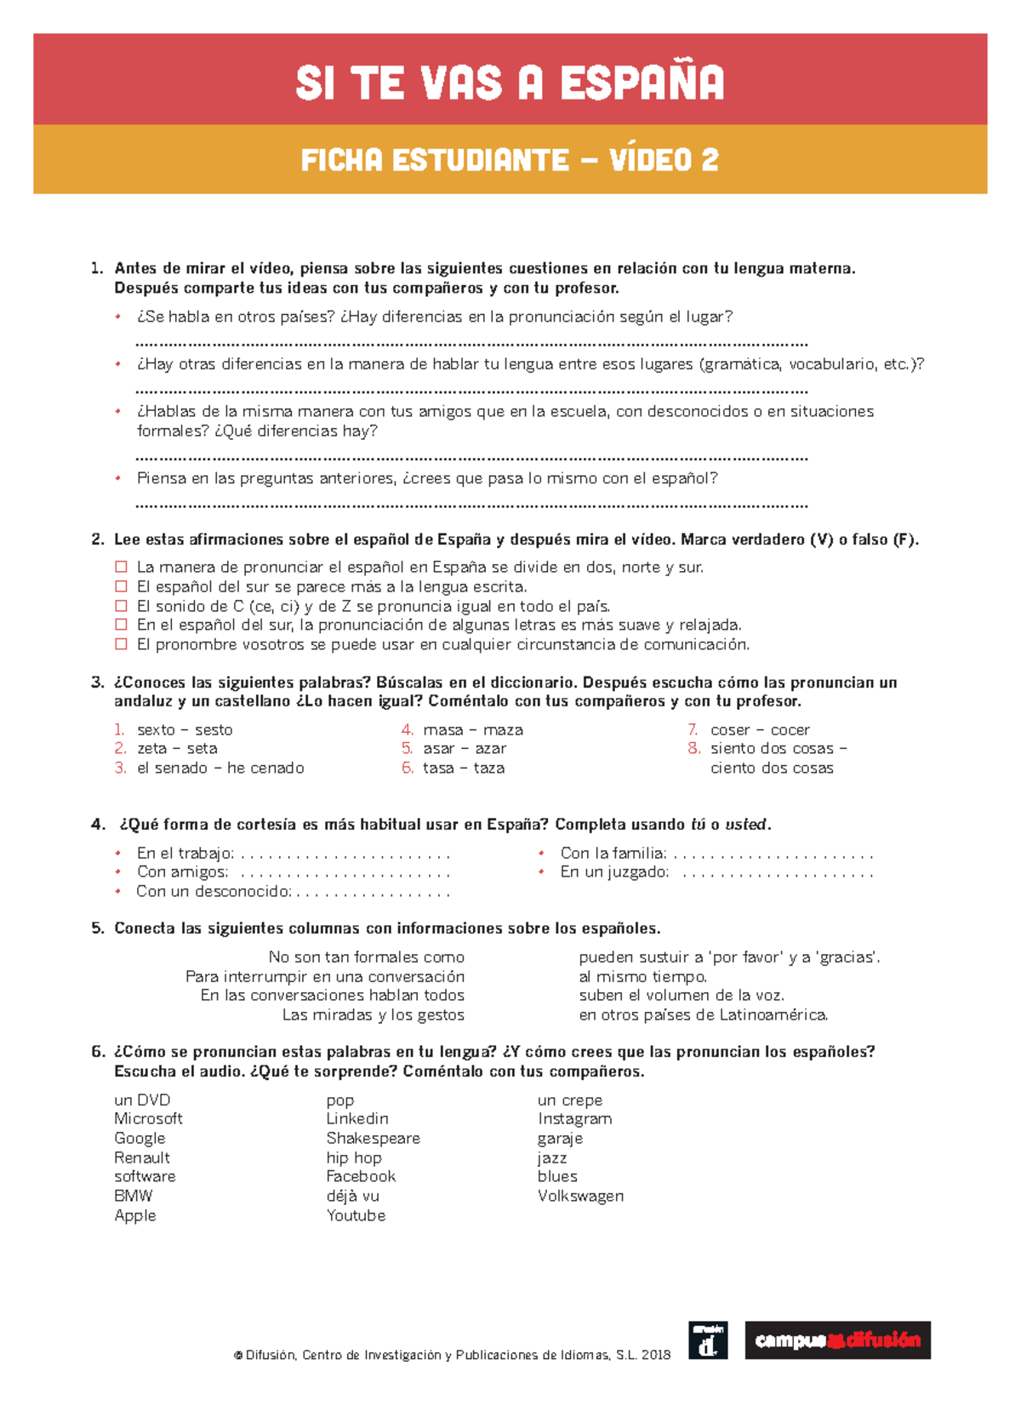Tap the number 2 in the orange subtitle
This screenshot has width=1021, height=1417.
click(710, 160)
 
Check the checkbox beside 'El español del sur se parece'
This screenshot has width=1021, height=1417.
click(121, 586)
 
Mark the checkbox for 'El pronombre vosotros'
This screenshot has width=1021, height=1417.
click(121, 644)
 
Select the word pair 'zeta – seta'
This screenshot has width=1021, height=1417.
click(177, 748)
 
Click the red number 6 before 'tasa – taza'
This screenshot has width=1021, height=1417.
click(408, 768)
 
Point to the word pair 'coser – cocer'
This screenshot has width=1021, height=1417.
click(760, 729)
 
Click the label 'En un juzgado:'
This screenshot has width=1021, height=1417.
click(614, 871)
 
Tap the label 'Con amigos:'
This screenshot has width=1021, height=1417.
click(182, 871)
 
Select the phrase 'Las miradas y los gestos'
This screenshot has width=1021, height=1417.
click(373, 1014)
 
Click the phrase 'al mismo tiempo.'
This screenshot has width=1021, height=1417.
click(642, 976)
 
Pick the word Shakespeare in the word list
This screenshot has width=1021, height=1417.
click(373, 1138)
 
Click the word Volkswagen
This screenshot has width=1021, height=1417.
click(580, 1196)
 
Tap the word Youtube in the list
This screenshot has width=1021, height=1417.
click(356, 1215)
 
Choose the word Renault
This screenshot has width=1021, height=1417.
click(142, 1157)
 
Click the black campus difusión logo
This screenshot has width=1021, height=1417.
click(837, 1340)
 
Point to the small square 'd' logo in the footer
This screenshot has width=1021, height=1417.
click(708, 1340)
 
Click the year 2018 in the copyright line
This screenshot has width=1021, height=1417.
click(656, 1355)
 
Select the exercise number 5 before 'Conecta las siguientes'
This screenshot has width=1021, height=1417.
click(97, 928)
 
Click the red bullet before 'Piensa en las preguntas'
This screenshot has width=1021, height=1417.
click(119, 478)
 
